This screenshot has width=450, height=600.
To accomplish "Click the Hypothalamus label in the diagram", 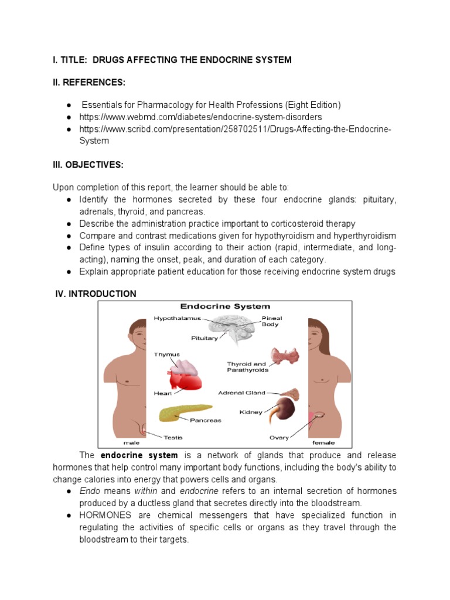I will pos(177,318).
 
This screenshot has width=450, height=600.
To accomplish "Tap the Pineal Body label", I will pos(271,321).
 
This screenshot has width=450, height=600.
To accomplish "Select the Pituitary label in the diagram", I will pos(204,338).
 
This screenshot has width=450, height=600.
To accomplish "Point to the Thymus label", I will pos(166,354).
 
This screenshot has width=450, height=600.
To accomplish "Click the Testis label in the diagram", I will pos(173,437).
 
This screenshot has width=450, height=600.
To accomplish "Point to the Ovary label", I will pos(279,437).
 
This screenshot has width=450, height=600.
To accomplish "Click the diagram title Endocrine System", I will pos(225,306).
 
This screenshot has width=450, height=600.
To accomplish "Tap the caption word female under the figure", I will pos(323,443).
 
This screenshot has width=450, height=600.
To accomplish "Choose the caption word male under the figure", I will pos(131,443).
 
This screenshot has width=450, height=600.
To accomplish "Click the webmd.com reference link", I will pos(201,117).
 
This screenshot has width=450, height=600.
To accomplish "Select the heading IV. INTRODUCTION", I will pos(96,294).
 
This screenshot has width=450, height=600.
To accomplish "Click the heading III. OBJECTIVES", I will pos(88,165).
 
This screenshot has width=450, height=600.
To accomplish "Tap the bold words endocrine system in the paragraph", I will pos(139,455).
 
